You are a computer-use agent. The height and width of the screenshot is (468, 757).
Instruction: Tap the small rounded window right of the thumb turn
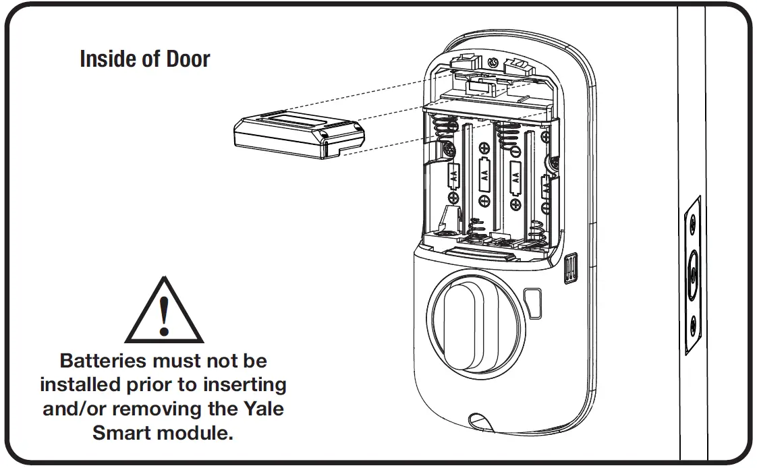tap(534, 303)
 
